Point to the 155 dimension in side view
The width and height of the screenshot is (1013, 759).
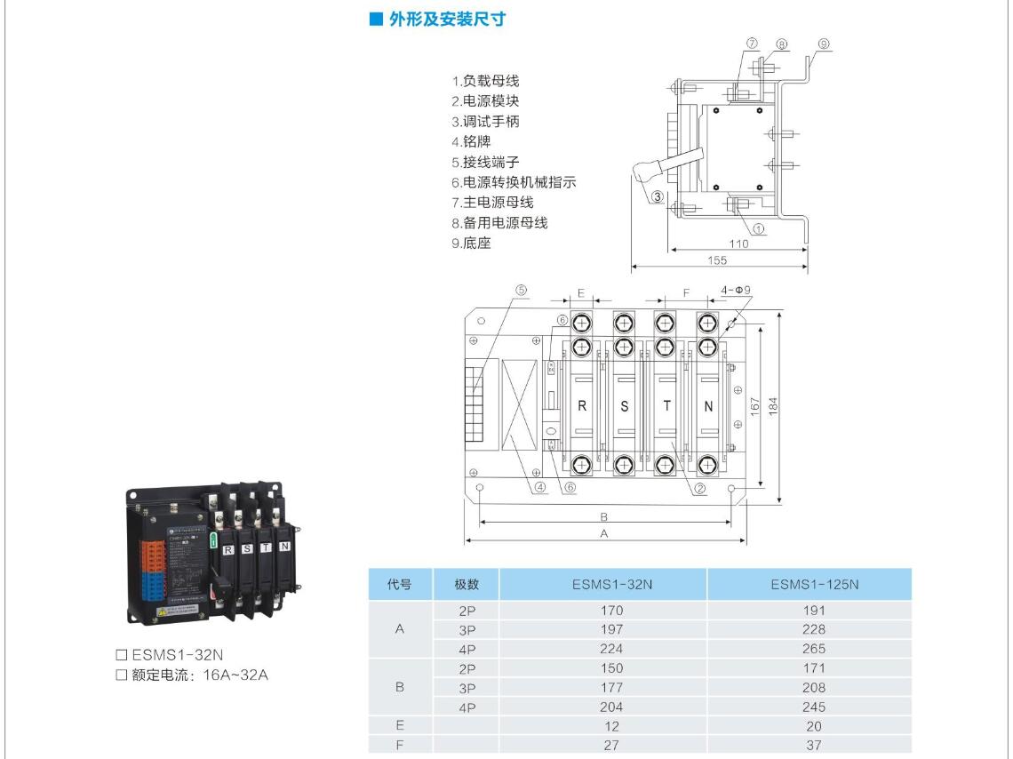point(718,260)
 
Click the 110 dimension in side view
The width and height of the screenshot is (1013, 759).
point(738,244)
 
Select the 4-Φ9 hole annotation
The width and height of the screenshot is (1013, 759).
point(736,290)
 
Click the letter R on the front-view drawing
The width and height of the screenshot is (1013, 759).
point(582,406)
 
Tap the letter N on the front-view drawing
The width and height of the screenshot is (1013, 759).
point(708,406)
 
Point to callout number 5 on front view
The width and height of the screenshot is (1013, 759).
point(522,290)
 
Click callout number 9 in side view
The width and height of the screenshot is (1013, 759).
point(824,44)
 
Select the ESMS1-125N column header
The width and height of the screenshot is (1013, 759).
point(814,584)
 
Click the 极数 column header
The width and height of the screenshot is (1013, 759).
point(467,584)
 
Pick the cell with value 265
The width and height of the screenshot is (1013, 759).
point(813,649)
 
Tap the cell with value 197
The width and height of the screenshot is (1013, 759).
point(611,629)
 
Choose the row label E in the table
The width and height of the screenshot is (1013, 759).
point(399,726)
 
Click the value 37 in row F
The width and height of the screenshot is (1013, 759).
point(813,745)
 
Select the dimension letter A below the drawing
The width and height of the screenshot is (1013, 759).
point(604,534)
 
